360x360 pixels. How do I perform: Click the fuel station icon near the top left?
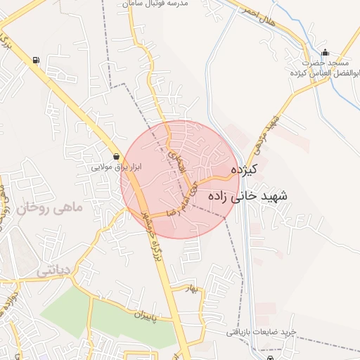click(36, 60)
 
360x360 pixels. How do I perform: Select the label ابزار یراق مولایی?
click(118, 169)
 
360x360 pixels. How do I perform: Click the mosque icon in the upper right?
click(325, 53)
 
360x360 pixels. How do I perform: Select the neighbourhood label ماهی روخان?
click(51, 208)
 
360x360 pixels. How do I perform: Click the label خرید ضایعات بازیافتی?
click(266, 331)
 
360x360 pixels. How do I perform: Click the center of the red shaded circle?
click(181, 179)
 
